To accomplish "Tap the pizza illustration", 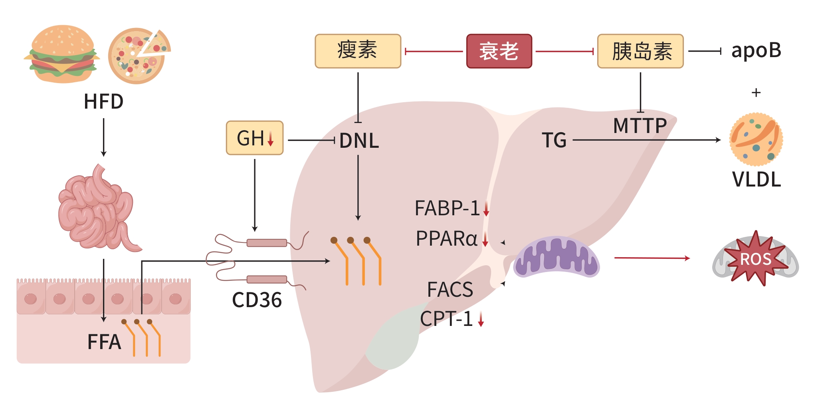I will pyautogui.click(x=138, y=56).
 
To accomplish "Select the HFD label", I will pyautogui.click(x=103, y=101).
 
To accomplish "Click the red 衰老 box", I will pyautogui.click(x=499, y=51).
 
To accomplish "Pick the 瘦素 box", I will pyautogui.click(x=358, y=51).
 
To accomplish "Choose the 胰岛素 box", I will pyautogui.click(x=640, y=51).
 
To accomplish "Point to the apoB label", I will pyautogui.click(x=756, y=51).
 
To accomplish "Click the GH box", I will pyautogui.click(x=255, y=138).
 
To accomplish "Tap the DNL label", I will pyautogui.click(x=359, y=141).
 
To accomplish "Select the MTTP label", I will pyautogui.click(x=640, y=126).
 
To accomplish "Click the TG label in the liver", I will pyautogui.click(x=554, y=140).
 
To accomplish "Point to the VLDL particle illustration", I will pyautogui.click(x=756, y=139).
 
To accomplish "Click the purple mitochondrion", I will pyautogui.click(x=556, y=257).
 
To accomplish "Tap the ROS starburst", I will pyautogui.click(x=756, y=259).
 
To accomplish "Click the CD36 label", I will pyautogui.click(x=257, y=300).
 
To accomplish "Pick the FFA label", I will pyautogui.click(x=104, y=342).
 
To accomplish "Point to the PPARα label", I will pyautogui.click(x=446, y=239).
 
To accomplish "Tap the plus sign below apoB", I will pyautogui.click(x=756, y=93).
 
